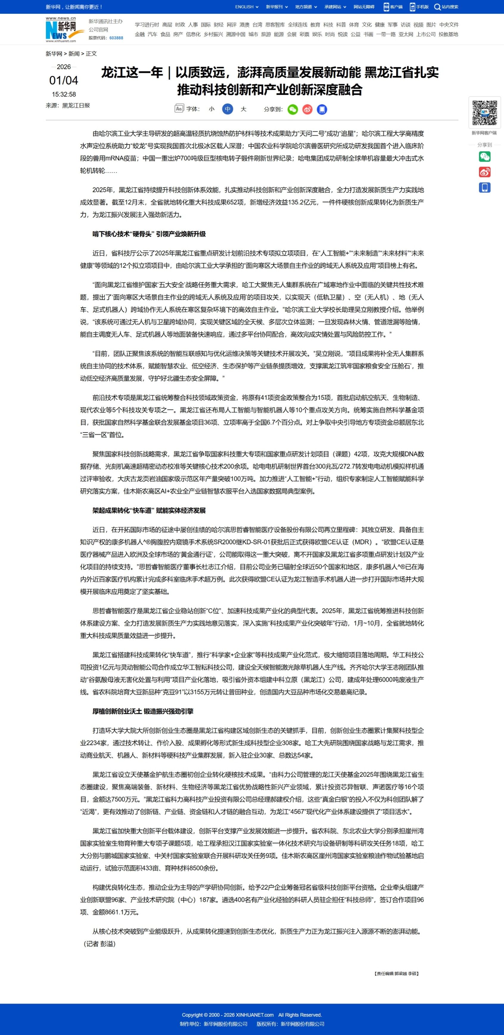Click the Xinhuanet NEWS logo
tap(61, 29)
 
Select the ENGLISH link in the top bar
tap(244, 7)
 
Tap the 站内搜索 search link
tap(446, 7)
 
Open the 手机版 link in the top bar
tap(419, 7)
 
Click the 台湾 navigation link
tap(257, 24)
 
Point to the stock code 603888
tap(116, 38)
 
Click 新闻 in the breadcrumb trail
tap(74, 53)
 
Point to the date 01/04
tap(63, 80)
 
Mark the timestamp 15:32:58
tap(63, 94)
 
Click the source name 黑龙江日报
tap(76, 105)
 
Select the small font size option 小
tap(212, 109)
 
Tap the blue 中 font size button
tap(228, 109)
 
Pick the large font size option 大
tap(243, 109)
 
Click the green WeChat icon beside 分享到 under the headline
tap(293, 109)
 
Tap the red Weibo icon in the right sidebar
tap(484, 172)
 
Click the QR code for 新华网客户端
tap(484, 113)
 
